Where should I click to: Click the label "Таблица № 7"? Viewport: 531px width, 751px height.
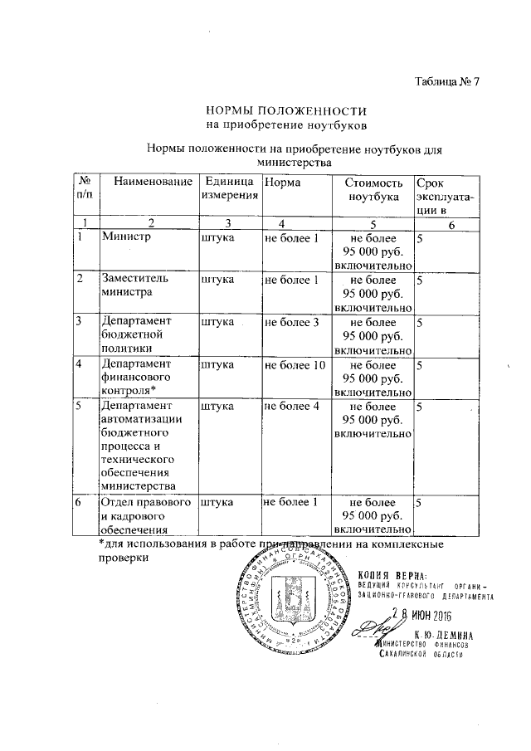tap(447, 81)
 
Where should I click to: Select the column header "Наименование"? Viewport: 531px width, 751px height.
tap(148, 182)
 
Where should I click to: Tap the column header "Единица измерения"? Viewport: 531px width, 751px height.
tap(227, 188)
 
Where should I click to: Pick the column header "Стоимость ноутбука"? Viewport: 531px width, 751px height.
tap(373, 189)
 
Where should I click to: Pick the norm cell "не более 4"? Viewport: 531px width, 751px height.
tap(291, 407)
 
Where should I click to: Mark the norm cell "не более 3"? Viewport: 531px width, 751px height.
tap(291, 321)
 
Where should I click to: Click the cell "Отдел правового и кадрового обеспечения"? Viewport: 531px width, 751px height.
tap(144, 514)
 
